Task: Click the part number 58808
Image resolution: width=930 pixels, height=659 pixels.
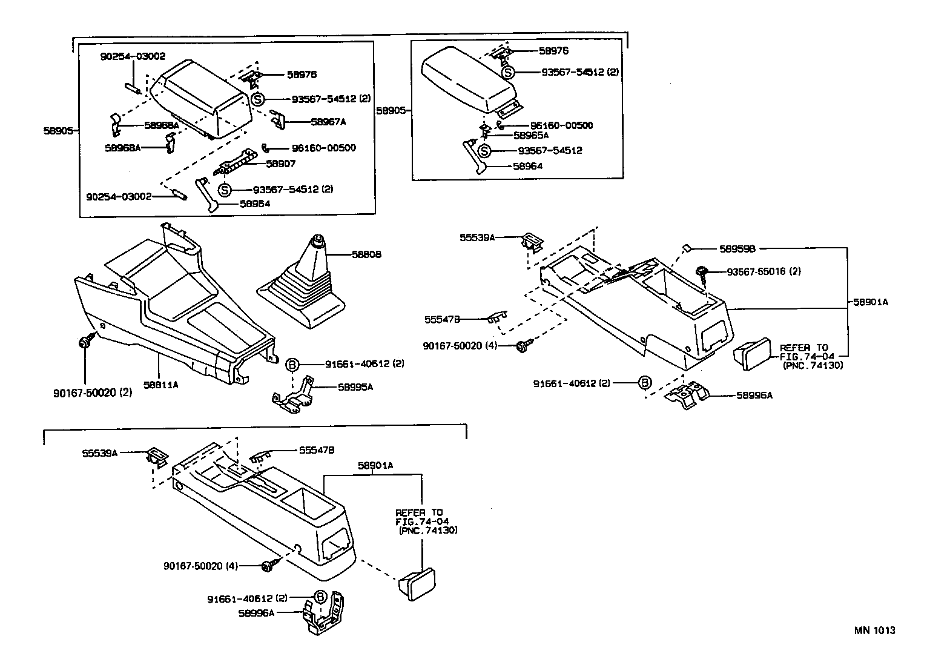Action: (x=366, y=254)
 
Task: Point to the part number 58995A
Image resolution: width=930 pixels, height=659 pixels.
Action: (x=355, y=386)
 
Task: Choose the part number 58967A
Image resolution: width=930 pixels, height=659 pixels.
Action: (x=328, y=122)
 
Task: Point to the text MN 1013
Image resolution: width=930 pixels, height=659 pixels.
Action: (x=874, y=630)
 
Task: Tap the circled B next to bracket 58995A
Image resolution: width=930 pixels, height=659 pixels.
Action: (x=292, y=365)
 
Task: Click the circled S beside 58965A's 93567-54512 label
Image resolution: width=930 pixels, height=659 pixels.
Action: (x=484, y=151)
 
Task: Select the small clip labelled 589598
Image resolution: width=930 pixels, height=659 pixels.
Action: (x=688, y=248)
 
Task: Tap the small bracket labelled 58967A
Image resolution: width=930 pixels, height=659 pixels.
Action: (x=277, y=118)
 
